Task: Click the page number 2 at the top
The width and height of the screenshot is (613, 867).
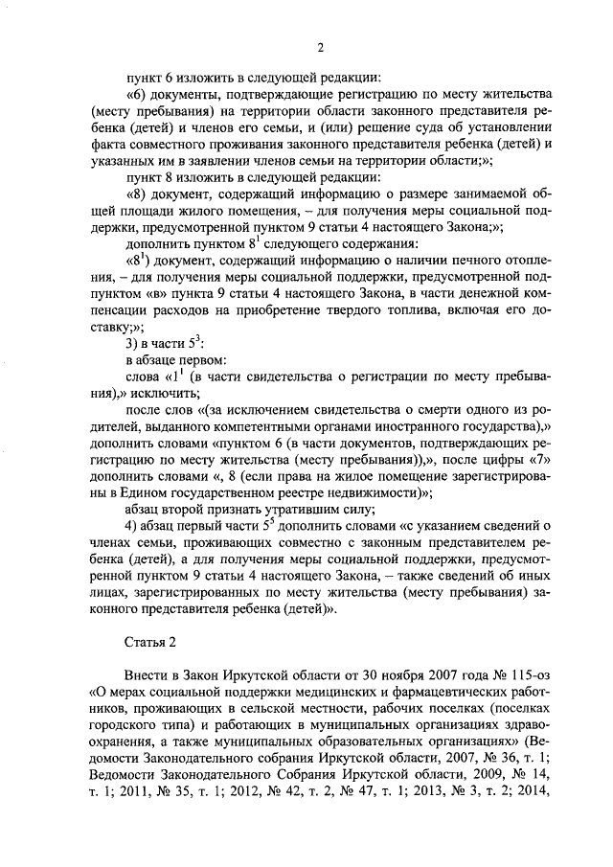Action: tap(321, 48)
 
